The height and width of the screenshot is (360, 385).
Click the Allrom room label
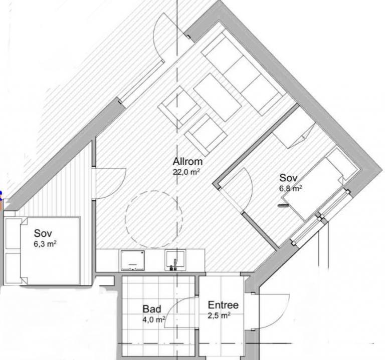click(x=187, y=162)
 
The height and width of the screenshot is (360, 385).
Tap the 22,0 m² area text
click(x=186, y=172)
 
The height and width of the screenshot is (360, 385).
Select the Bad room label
click(x=152, y=309)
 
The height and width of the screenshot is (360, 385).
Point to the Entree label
click(x=223, y=305)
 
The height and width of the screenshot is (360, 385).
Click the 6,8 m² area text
click(x=290, y=189)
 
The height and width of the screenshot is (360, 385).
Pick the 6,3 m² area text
click(x=45, y=244)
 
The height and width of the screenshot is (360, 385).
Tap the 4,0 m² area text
click(x=154, y=319)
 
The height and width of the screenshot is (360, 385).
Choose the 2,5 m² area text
click(x=219, y=315)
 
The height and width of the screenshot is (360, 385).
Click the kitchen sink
click(x=175, y=260)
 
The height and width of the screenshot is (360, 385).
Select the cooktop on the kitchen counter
click(x=132, y=260)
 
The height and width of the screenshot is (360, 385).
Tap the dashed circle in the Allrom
click(x=154, y=219)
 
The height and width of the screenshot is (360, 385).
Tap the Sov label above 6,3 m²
click(x=43, y=233)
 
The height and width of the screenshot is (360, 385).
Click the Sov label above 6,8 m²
click(x=289, y=178)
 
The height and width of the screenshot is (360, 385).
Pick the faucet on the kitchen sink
click(x=175, y=265)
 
